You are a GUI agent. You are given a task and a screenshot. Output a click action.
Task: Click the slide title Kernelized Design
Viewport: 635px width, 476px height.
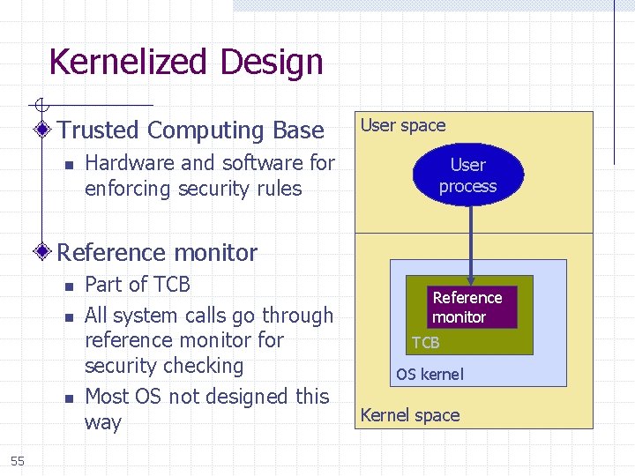pyautogui.click(x=186, y=63)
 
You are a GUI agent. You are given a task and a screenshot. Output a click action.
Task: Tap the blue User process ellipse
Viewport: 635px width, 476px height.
pyautogui.click(x=467, y=175)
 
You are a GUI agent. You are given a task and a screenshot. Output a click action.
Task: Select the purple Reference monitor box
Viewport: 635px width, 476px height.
pyautogui.click(x=467, y=307)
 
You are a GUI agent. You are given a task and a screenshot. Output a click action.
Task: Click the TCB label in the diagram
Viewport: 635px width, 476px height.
pyautogui.click(x=425, y=343)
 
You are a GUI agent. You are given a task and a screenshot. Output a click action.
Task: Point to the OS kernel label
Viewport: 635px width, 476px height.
pyautogui.click(x=430, y=375)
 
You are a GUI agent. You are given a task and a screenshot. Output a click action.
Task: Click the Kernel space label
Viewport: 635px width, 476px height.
pyautogui.click(x=410, y=415)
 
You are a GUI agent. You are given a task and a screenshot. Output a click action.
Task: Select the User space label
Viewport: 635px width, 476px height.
pyautogui.click(x=403, y=126)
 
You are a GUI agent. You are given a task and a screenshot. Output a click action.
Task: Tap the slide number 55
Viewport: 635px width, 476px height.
pyautogui.click(x=18, y=460)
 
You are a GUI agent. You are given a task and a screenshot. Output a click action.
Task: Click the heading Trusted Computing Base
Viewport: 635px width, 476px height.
pyautogui.click(x=191, y=130)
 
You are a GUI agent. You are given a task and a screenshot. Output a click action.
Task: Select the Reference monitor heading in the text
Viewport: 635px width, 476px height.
pyautogui.click(x=158, y=252)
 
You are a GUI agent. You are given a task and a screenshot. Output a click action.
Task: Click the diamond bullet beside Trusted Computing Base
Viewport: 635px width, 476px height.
pyautogui.click(x=43, y=130)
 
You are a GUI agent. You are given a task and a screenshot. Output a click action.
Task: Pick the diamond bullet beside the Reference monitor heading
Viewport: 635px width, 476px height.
pyautogui.click(x=43, y=252)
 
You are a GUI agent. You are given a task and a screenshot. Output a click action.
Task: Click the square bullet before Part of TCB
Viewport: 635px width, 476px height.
pyautogui.click(x=67, y=286)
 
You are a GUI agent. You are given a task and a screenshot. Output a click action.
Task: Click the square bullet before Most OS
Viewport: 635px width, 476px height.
pyautogui.click(x=67, y=398)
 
